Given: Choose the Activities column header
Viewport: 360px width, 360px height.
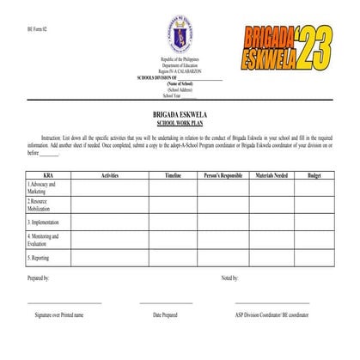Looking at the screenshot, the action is tap(109, 175).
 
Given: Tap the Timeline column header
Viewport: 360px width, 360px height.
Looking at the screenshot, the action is tap(172, 175).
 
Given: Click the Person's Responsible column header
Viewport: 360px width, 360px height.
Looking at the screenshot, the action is tap(223, 175).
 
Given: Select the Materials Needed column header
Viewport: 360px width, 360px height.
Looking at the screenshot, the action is tap(272, 175).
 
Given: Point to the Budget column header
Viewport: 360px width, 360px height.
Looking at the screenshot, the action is tap(314, 175).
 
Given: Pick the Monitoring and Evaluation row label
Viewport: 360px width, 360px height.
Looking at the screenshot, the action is tap(43, 240).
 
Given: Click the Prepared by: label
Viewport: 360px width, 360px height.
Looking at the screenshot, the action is tap(38, 278).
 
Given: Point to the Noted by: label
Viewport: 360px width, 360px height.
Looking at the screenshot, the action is tap(229, 278).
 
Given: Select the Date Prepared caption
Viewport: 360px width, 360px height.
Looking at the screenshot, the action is tap(165, 315).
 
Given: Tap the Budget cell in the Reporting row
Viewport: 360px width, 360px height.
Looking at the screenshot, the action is tap(314, 258).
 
